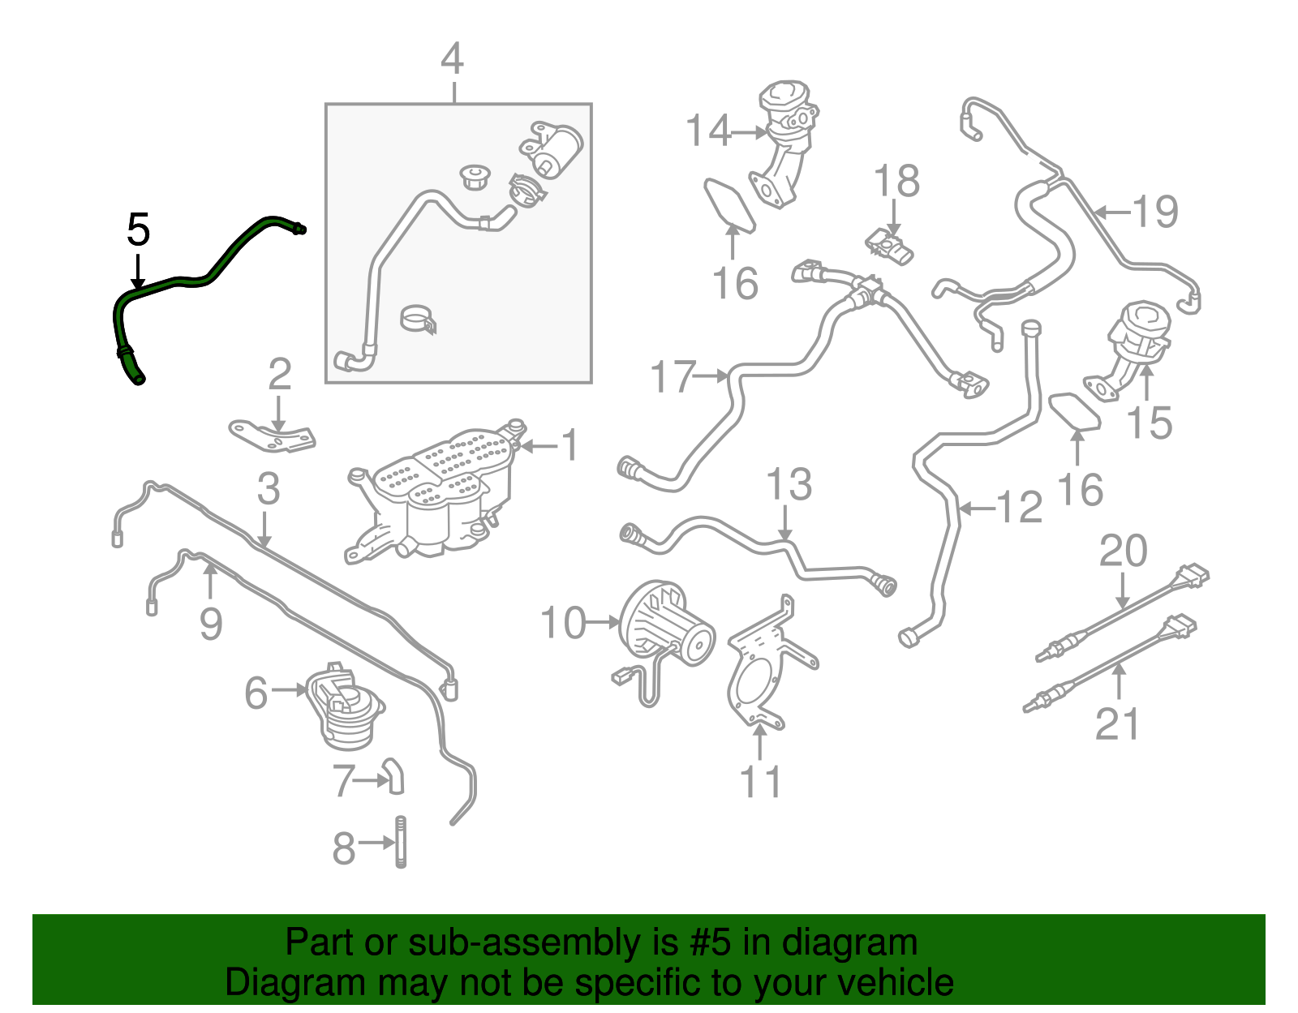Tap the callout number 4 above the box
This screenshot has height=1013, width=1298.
(452, 59)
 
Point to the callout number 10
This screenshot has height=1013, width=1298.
(562, 623)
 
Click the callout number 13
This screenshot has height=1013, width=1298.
(789, 485)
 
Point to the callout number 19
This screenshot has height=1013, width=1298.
(1155, 212)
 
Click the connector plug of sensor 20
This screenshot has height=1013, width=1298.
(1193, 577)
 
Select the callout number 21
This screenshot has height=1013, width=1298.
(1117, 724)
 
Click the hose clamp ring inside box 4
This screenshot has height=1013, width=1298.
(419, 319)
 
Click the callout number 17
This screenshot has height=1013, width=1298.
(673, 377)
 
